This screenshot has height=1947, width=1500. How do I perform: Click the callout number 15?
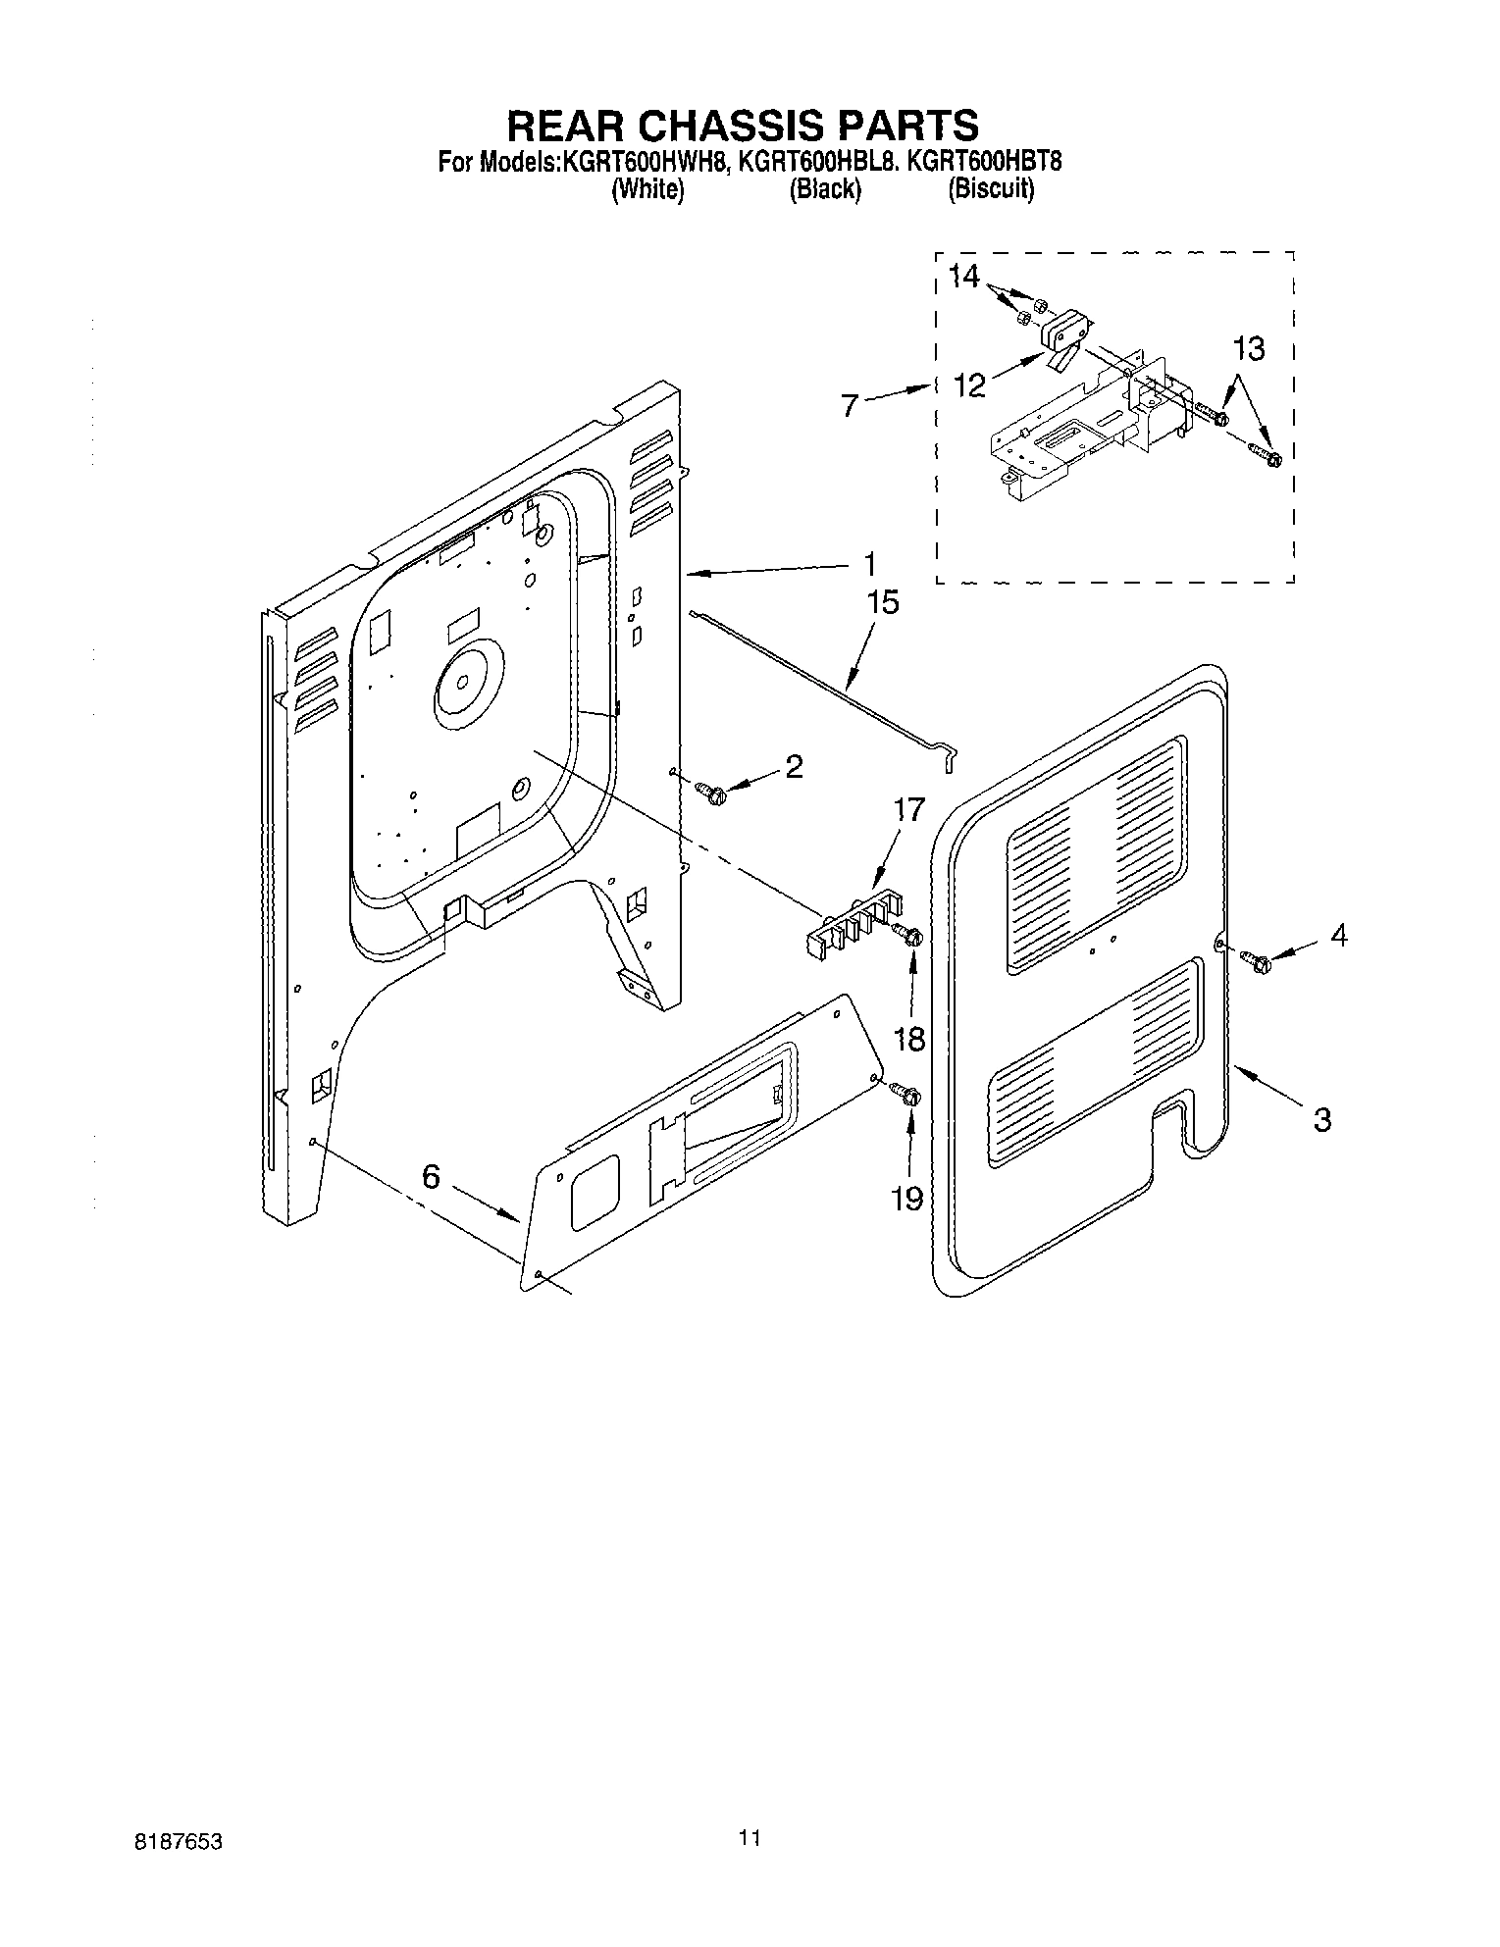(x=883, y=602)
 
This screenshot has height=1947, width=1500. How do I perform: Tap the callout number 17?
(x=909, y=810)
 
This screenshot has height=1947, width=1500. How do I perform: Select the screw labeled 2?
(x=709, y=790)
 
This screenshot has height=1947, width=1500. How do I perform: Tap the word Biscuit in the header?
(x=990, y=190)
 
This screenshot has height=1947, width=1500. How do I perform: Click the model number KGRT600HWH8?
(x=643, y=162)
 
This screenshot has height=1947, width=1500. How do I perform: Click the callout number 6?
(x=432, y=1176)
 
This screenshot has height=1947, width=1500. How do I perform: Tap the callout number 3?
(x=1321, y=1119)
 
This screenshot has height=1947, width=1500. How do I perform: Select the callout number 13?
(x=1248, y=349)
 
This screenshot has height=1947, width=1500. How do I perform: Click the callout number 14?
(x=964, y=277)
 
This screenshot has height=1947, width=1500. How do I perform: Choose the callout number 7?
(x=851, y=405)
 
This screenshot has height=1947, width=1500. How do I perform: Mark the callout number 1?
(x=868, y=565)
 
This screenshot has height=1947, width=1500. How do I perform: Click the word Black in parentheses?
(x=825, y=190)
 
